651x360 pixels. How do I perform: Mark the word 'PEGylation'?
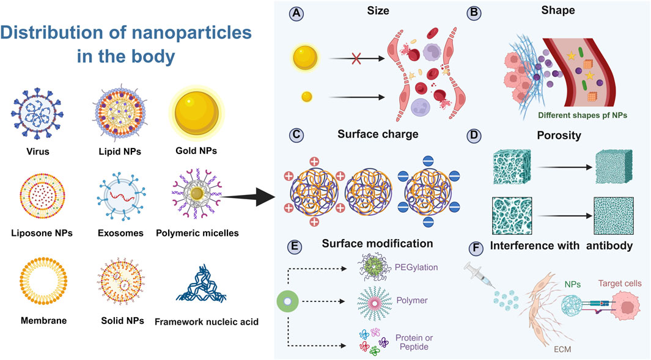(x=413, y=266)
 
